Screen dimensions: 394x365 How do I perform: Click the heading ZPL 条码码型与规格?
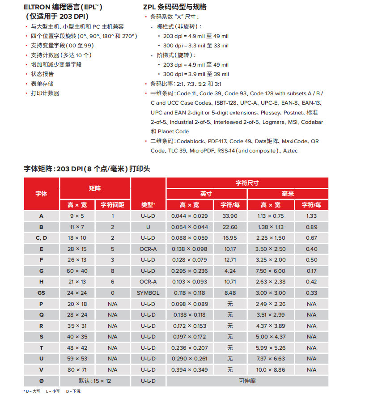point(174,7)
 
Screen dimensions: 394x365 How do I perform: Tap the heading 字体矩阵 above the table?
point(87,169)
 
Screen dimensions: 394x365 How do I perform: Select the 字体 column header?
point(41,194)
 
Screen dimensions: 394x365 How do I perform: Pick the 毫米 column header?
point(288,194)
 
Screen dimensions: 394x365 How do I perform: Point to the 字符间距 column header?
point(112,205)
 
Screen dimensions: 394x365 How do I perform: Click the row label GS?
point(41,293)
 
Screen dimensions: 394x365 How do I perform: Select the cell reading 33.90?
point(230,216)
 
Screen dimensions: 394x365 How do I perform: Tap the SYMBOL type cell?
point(148,293)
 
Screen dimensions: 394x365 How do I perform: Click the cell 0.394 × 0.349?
point(189,370)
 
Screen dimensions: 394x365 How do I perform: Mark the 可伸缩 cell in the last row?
point(247,381)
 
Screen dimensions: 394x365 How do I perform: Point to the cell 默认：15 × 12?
point(95,381)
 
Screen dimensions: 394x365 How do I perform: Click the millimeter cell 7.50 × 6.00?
point(271,271)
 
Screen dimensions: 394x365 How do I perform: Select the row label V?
point(41,370)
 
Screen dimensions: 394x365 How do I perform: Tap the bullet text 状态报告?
point(42,74)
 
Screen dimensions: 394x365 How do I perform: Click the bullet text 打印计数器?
point(45,93)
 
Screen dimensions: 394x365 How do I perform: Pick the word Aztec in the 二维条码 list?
point(290,151)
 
